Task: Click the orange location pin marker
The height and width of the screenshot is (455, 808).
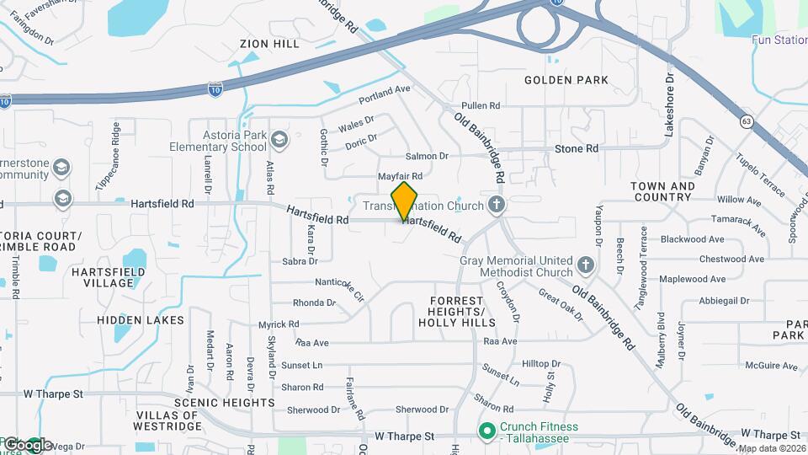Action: click(x=405, y=201)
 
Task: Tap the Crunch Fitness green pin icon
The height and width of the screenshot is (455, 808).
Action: click(x=486, y=431)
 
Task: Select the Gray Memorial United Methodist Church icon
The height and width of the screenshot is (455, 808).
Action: click(x=587, y=267)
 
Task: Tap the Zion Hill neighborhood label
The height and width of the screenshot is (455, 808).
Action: click(x=269, y=44)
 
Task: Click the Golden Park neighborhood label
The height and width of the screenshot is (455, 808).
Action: click(x=566, y=80)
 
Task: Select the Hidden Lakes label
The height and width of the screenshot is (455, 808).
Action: click(x=141, y=320)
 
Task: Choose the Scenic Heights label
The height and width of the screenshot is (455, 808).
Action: click(x=224, y=403)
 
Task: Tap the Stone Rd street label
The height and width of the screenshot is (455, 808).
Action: click(x=577, y=149)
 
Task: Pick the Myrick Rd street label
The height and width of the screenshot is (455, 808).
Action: click(x=279, y=324)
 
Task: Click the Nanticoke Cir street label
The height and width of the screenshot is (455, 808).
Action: click(x=339, y=288)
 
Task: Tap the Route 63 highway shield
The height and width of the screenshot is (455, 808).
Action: click(x=747, y=121)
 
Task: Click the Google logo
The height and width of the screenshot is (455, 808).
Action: click(x=28, y=444)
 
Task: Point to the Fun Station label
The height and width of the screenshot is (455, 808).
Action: click(x=779, y=40)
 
